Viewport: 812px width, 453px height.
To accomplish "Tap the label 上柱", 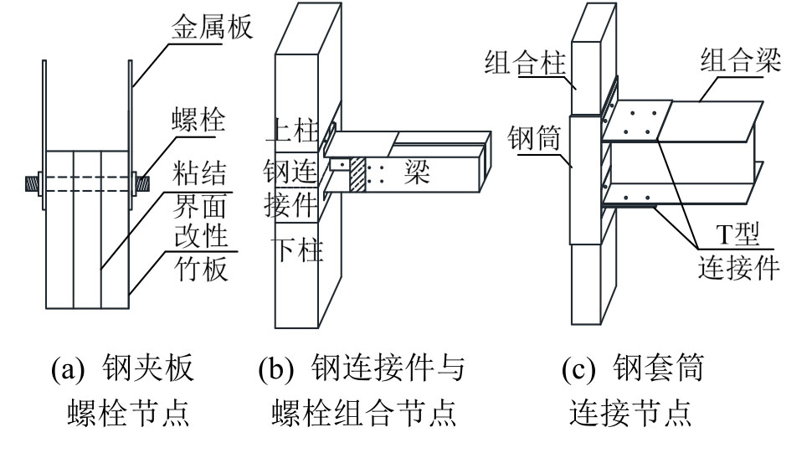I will pyautogui.click(x=294, y=130).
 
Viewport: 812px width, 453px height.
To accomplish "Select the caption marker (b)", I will pyautogui.click(x=276, y=369).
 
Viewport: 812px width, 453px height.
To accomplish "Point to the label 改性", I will pyautogui.click(x=203, y=238).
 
